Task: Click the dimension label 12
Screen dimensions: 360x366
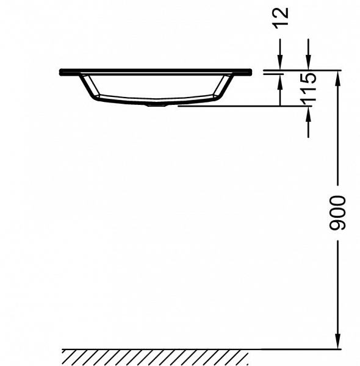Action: [x=281, y=18]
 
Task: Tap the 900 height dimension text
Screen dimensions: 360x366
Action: [x=337, y=213]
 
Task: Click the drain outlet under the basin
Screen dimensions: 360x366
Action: [x=156, y=106]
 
